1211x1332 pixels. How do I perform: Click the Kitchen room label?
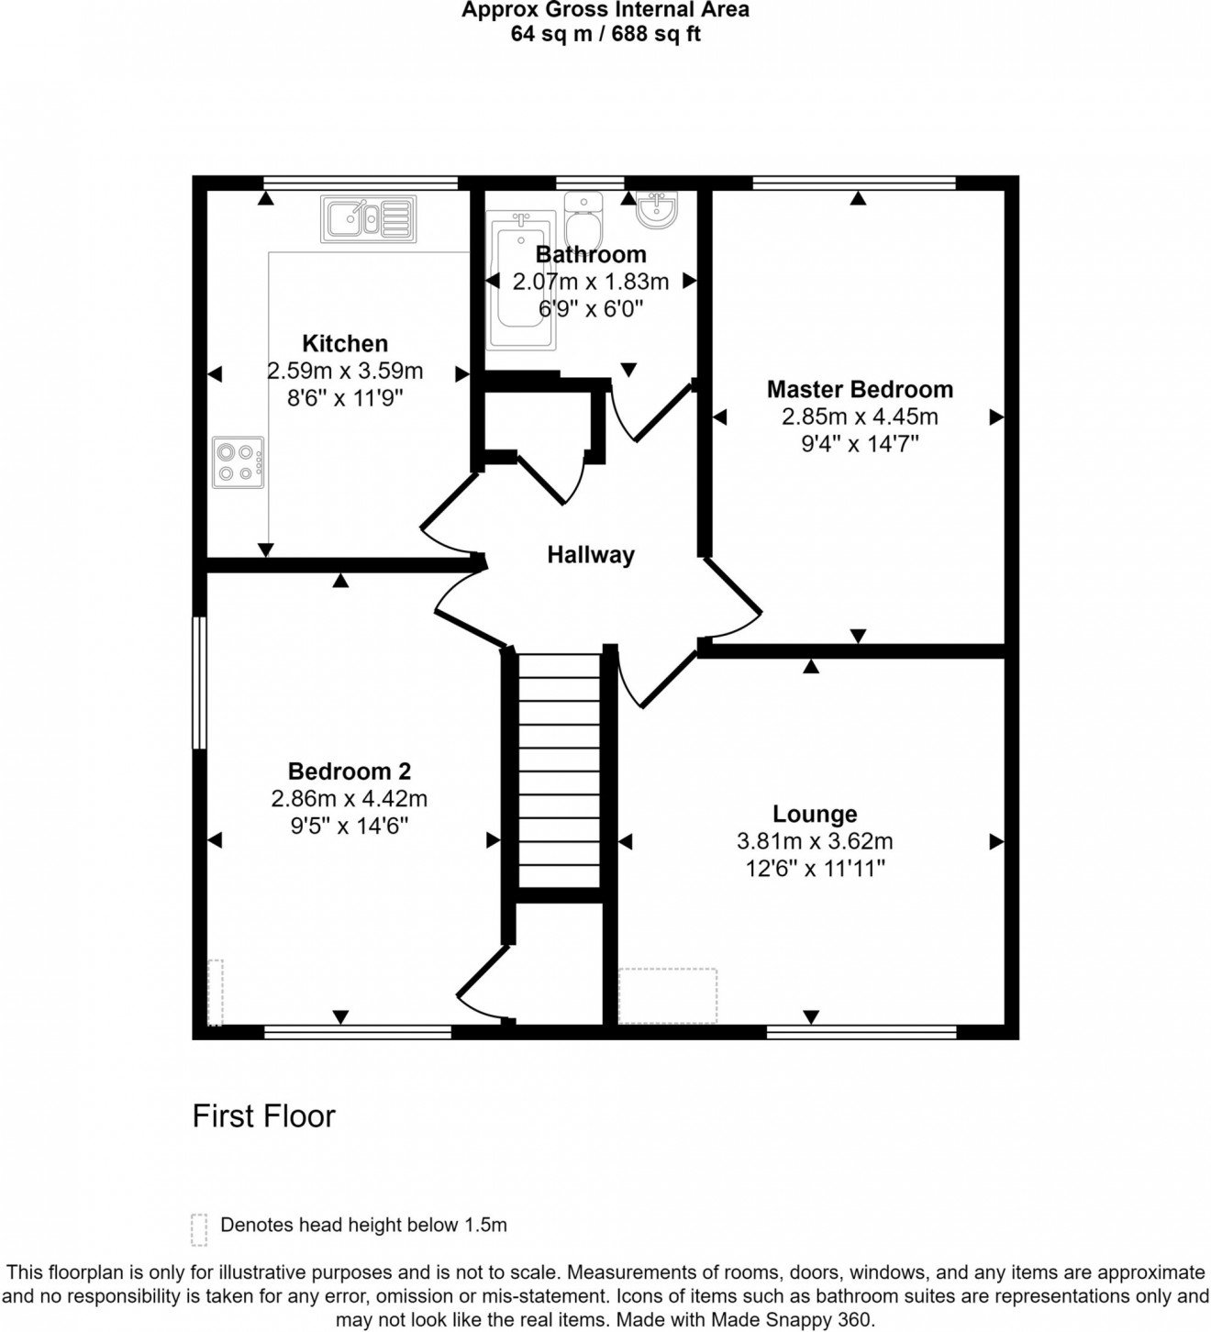pyautogui.click(x=345, y=344)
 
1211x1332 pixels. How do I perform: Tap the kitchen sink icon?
pyautogui.click(x=368, y=219)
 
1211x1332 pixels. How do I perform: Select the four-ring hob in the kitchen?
pyautogui.click(x=238, y=462)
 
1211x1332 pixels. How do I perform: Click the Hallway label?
pyautogui.click(x=591, y=555)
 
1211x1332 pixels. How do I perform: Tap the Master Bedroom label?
pyautogui.click(x=860, y=390)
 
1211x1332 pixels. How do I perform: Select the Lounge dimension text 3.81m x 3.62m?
pyautogui.click(x=815, y=841)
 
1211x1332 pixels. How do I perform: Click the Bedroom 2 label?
pyautogui.click(x=350, y=771)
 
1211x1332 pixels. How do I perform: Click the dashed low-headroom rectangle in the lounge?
pyautogui.click(x=668, y=995)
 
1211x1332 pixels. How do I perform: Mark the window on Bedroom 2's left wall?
pyautogui.click(x=197, y=683)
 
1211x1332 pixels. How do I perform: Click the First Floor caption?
pyautogui.click(x=264, y=1116)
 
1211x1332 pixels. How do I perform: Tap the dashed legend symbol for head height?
pyautogui.click(x=199, y=1229)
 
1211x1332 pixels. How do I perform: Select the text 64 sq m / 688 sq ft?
pyautogui.click(x=605, y=35)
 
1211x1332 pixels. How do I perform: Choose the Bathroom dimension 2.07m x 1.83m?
pyautogui.click(x=591, y=282)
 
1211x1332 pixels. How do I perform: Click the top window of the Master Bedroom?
pyautogui.click(x=854, y=183)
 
